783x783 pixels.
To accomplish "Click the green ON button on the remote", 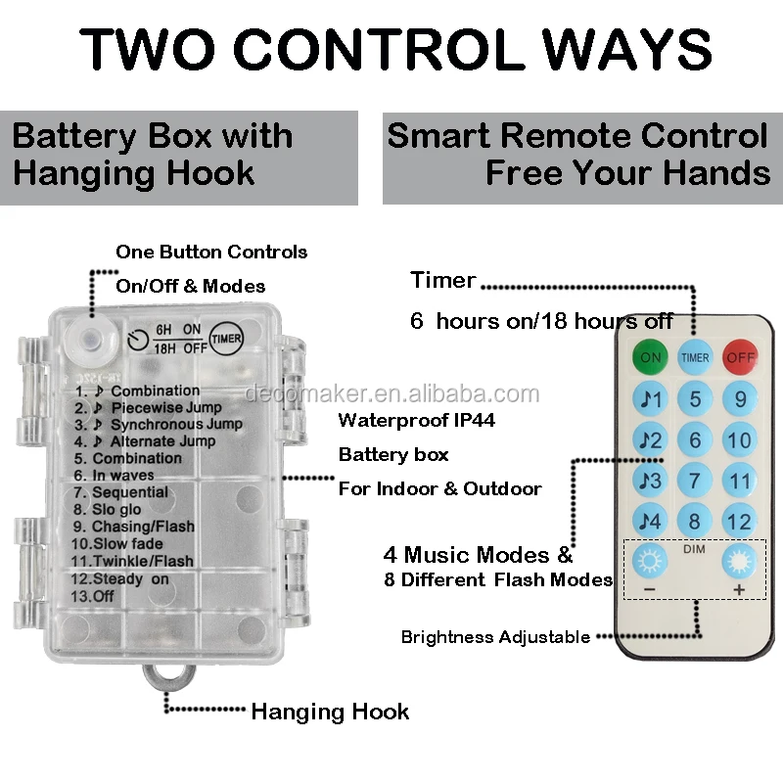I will coord(651,357).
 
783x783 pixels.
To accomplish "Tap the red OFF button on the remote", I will coord(741,357).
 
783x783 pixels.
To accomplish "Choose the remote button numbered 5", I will coord(695,399).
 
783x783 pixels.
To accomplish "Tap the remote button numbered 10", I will coord(741,440).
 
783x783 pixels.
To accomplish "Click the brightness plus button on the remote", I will coord(739,562).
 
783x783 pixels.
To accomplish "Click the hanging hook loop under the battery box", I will coord(166,678).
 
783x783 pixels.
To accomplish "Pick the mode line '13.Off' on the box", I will coord(91,595).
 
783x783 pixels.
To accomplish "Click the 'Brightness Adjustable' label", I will coord(495,637).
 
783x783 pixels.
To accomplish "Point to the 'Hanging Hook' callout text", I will coord(330,712).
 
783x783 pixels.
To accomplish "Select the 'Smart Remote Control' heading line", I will coord(577,136).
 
